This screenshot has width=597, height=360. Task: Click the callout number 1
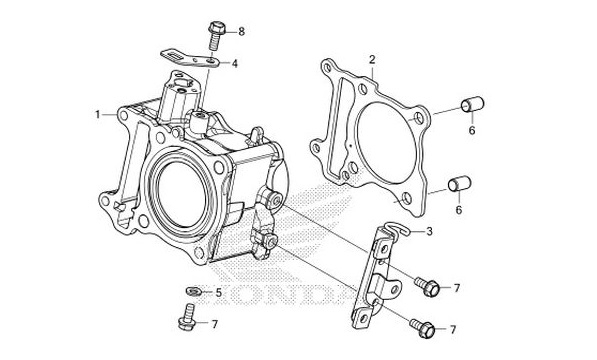tap(99, 115)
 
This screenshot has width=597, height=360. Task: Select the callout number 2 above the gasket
tap(372, 60)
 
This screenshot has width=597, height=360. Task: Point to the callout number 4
tap(234, 64)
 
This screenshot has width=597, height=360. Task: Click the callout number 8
tap(240, 32)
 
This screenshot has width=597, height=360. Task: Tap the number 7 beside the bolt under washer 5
tap(213, 325)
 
